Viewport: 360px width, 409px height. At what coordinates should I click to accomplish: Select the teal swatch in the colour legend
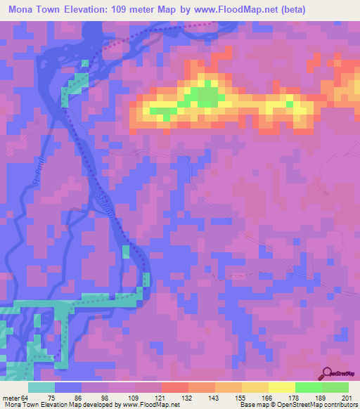pos(41,387)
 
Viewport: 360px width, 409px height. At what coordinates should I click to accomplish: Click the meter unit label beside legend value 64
pos(9,398)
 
